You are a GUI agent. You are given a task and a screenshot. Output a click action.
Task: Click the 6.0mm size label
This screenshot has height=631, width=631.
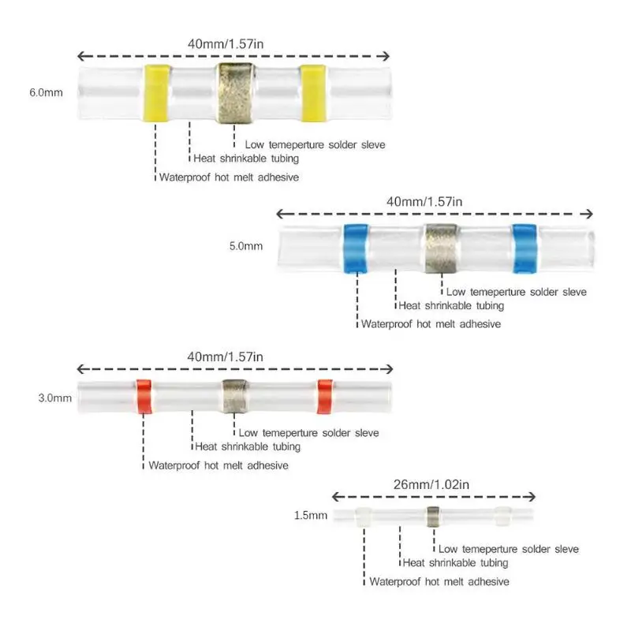(45, 92)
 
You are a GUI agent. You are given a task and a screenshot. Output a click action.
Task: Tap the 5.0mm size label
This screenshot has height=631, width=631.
(245, 246)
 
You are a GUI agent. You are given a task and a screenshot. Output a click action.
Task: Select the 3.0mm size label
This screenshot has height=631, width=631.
(53, 398)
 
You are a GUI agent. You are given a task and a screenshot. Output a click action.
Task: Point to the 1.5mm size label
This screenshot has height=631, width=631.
(310, 516)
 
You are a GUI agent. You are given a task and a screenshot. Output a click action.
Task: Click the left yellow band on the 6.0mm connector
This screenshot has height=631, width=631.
(155, 93)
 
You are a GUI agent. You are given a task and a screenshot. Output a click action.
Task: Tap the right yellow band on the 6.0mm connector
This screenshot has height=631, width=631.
(312, 93)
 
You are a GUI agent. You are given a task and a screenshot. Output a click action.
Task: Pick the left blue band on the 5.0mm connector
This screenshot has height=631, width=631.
(357, 248)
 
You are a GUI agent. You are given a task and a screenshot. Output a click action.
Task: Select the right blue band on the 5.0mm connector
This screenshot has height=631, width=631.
(525, 248)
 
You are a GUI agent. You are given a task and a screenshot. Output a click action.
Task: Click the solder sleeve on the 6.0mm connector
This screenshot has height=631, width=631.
(233, 93)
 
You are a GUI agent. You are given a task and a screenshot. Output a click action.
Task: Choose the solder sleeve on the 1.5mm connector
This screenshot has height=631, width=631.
(432, 517)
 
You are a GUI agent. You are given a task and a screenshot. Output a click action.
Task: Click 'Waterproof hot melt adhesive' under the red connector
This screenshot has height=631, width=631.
(218, 465)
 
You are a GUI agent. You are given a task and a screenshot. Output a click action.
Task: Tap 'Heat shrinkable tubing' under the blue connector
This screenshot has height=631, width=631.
(451, 305)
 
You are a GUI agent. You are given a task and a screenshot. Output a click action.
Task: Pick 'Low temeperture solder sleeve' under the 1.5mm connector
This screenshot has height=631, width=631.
(509, 549)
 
